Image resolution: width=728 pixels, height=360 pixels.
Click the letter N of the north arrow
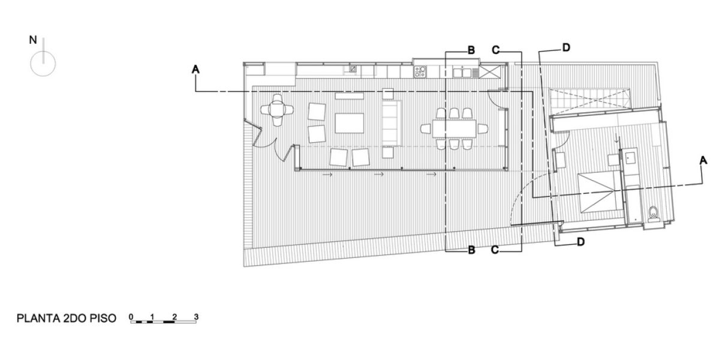[x=34, y=40]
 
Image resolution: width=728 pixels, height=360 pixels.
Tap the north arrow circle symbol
[x=43, y=63]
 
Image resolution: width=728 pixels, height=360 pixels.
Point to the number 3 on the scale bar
[x=195, y=316]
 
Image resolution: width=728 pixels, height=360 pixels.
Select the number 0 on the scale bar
[x=131, y=316]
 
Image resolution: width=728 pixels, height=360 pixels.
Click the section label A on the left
[x=195, y=70]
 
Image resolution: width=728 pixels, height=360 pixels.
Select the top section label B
[x=471, y=51]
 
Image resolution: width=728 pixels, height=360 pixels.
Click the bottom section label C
[x=496, y=250]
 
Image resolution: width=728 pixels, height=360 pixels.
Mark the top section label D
[x=566, y=47]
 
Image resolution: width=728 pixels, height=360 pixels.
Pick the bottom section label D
[x=580, y=242]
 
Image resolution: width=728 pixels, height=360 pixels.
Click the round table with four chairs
[x=276, y=110]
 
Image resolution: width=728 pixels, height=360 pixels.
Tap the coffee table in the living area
[x=350, y=122]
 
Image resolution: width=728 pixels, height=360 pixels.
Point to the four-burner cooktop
[x=420, y=71]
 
